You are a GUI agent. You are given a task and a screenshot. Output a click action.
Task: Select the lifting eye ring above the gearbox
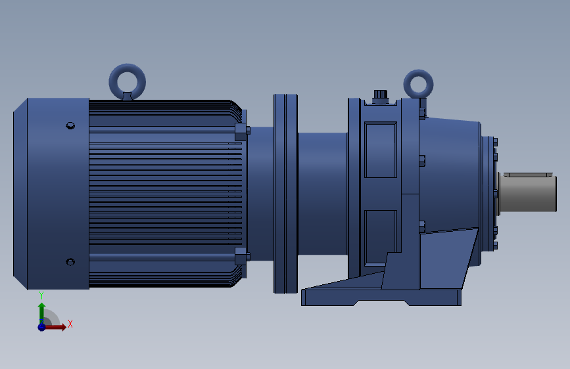pos(418,83)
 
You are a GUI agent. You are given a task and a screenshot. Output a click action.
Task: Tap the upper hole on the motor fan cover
pos(70,125)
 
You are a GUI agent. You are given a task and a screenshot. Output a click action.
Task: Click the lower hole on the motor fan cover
pos(70,262)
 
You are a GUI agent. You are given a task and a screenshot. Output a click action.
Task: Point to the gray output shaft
pos(528,193)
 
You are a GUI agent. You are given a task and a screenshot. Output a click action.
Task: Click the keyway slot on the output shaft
pos(527,175)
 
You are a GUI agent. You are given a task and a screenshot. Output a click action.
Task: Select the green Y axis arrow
pos(41,309)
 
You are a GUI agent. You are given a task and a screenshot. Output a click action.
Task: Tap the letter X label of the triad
pos(70,324)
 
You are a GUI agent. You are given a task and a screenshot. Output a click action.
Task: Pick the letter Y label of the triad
pos(41,295)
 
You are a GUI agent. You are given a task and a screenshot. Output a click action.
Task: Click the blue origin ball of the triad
pos(41,326)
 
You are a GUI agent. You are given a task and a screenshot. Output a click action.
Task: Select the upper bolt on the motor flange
pos(241,131)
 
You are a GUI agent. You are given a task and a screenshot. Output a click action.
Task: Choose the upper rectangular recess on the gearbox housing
pos(380,150)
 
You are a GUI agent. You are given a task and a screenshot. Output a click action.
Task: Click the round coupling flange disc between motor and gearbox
pos(285,193)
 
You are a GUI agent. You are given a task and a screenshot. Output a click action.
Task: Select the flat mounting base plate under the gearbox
pos(381,297)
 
